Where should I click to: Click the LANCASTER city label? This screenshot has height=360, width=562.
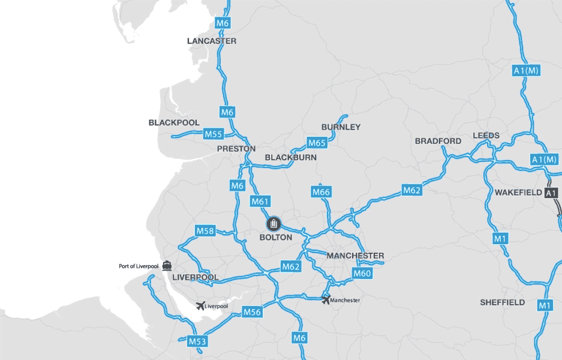click(x=212, y=41)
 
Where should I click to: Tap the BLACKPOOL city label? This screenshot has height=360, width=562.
click(x=174, y=122)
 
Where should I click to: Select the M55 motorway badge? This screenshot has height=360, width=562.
click(x=214, y=133)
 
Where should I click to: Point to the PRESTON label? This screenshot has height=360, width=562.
click(x=236, y=148)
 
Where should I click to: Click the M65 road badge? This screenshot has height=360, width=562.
click(x=317, y=143)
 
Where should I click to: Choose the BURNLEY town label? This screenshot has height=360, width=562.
click(x=341, y=127)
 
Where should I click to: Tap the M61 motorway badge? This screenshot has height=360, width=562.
click(x=260, y=201)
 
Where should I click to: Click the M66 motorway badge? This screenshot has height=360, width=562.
click(x=321, y=192)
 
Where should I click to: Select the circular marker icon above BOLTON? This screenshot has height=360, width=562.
click(x=274, y=224)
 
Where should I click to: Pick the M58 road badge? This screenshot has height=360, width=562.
click(x=205, y=230)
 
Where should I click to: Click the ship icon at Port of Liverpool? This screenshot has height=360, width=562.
click(x=166, y=265)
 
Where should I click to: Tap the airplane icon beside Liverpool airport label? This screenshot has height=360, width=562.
click(x=200, y=306)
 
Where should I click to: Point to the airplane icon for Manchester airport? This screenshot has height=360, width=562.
click(x=326, y=299)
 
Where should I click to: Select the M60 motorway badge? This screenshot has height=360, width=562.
click(x=362, y=274)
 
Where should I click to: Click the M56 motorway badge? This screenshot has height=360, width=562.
click(x=253, y=311)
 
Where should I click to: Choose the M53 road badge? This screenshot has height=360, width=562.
click(x=197, y=341)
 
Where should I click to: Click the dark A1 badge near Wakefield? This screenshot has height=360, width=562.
click(x=551, y=193)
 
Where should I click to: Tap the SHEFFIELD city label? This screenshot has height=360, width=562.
click(x=502, y=302)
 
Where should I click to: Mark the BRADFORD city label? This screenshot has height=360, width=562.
click(x=438, y=141)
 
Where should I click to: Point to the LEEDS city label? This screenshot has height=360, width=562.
click(x=486, y=136)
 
